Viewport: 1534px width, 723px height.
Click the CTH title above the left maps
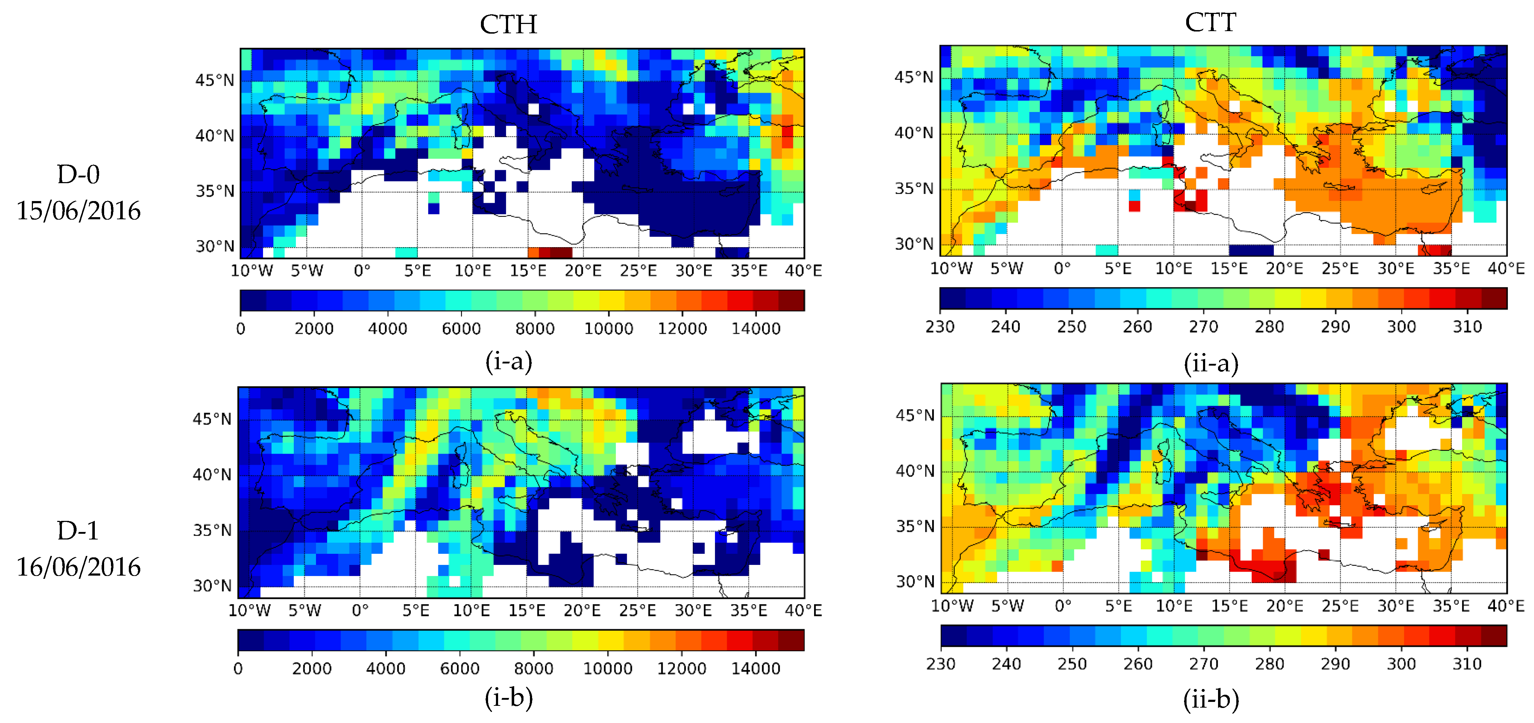pyautogui.click(x=508, y=24)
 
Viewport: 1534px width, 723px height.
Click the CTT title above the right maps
pyautogui.click(x=1210, y=23)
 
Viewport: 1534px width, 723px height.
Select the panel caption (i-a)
pyautogui.click(x=508, y=361)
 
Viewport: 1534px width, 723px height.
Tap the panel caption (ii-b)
pyautogui.click(x=1211, y=699)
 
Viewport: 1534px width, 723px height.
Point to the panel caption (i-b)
pyautogui.click(x=508, y=697)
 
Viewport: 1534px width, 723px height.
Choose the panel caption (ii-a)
pyautogui.click(x=1211, y=363)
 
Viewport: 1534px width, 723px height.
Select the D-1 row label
pyautogui.click(x=78, y=530)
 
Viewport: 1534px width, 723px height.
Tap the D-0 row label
pyautogui.click(x=78, y=175)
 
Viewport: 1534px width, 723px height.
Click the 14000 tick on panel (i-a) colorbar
pyautogui.click(x=756, y=328)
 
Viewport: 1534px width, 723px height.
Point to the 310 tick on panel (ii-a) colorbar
pyautogui.click(x=1467, y=326)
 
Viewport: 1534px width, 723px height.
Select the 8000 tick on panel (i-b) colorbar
pyautogui.click(x=534, y=668)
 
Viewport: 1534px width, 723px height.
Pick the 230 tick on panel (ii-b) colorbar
pyautogui.click(x=941, y=664)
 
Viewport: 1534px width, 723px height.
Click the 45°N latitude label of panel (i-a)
pyautogui.click(x=215, y=80)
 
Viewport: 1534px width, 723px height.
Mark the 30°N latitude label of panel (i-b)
pyautogui.click(x=212, y=585)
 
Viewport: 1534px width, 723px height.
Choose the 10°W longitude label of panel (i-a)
pyautogui.click(x=251, y=270)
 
